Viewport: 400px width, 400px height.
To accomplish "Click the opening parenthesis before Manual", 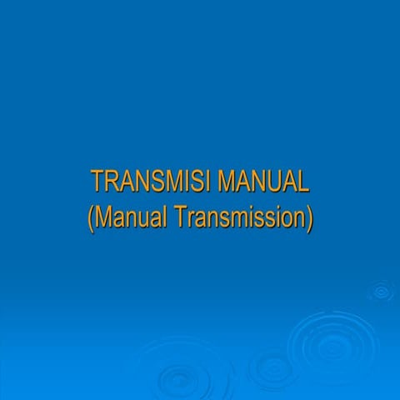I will (x=90, y=218).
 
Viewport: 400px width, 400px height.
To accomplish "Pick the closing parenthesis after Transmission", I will (x=309, y=218).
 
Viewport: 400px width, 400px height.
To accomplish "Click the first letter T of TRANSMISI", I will (x=97, y=182).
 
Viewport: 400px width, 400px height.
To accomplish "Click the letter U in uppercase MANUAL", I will (x=272, y=182).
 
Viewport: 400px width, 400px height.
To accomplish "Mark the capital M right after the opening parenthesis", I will (x=103, y=217).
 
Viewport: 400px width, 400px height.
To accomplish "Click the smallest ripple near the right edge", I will (x=382, y=292).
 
